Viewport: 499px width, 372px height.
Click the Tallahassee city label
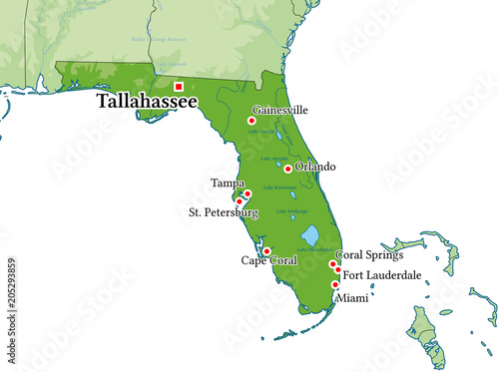147,102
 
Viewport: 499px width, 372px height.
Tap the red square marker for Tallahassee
179,86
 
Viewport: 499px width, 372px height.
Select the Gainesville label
280,110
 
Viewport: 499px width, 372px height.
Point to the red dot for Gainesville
251,121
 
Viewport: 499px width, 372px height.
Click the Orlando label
315,167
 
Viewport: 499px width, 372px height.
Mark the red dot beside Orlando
288,169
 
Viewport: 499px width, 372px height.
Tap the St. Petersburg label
224,212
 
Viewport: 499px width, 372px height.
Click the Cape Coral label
268,260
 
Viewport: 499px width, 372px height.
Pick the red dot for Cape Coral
266,250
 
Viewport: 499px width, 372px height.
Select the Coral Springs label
368,255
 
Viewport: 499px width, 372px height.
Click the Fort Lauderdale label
381,274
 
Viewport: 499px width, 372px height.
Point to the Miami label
351,297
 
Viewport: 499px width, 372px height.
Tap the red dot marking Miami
334,285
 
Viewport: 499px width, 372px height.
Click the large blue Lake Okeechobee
309,235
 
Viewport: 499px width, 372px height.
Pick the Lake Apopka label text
273,159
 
